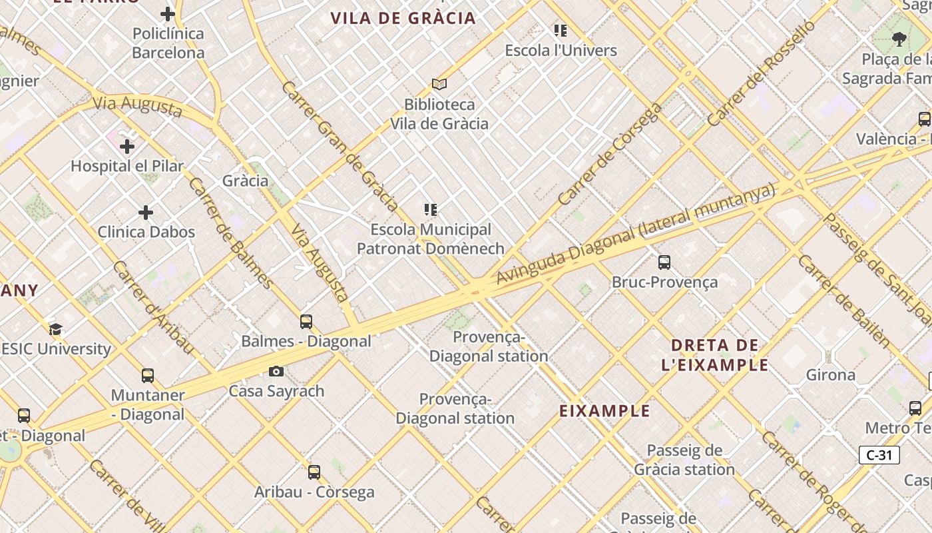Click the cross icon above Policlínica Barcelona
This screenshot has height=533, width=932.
pyautogui.click(x=168, y=13)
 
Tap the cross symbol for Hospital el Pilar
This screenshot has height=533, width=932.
pyautogui.click(x=127, y=146)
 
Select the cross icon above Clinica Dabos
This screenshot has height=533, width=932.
pyautogui.click(x=146, y=213)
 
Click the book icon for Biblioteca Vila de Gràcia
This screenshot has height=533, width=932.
pyautogui.click(x=439, y=84)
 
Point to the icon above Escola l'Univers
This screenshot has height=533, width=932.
pyautogui.click(x=561, y=30)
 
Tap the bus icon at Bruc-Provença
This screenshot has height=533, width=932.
pyautogui.click(x=664, y=262)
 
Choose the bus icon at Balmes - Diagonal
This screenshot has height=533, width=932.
pyautogui.click(x=306, y=322)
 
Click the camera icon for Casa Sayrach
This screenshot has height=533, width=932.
pyautogui.click(x=276, y=371)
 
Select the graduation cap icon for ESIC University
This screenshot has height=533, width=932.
pyautogui.click(x=55, y=329)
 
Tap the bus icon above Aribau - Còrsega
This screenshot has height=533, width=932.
pyautogui.click(x=314, y=472)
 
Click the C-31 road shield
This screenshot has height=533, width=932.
pyautogui.click(x=879, y=456)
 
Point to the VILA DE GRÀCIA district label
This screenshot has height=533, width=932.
pyautogui.click(x=403, y=18)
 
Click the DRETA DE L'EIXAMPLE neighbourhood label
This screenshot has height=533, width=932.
pyautogui.click(x=715, y=355)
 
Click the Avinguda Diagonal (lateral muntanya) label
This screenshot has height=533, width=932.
pyautogui.click(x=636, y=235)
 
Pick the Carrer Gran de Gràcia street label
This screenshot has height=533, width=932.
pyautogui.click(x=340, y=145)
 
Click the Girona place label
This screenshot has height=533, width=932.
pyautogui.click(x=831, y=374)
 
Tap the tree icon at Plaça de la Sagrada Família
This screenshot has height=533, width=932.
pyautogui.click(x=899, y=39)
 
